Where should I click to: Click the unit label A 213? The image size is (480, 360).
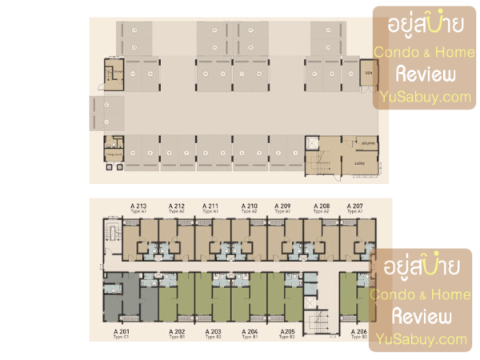tap(138, 206)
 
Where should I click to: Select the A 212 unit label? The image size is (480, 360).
tap(176, 206)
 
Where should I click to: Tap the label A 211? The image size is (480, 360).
tap(211, 206)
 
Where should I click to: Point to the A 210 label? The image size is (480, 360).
tap(249, 206)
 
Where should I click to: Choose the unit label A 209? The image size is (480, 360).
tap(283, 206)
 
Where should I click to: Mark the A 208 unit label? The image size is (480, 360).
tap(321, 206)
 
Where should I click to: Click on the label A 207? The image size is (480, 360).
tap(354, 206)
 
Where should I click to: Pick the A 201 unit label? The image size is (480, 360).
tap(121, 331)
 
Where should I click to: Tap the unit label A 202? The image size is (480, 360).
tap(177, 331)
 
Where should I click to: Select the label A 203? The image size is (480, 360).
tap(213, 331)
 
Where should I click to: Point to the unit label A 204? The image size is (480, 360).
tap(250, 331)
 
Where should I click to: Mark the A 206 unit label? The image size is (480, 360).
tap(358, 331)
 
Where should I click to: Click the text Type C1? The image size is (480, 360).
tap(121, 337)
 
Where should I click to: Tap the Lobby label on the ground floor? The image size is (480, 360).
tap(359, 162)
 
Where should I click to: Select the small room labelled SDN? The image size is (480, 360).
tap(369, 74)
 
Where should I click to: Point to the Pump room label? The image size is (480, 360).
tap(113, 152)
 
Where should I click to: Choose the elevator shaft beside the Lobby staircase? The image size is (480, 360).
tap(312, 146)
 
